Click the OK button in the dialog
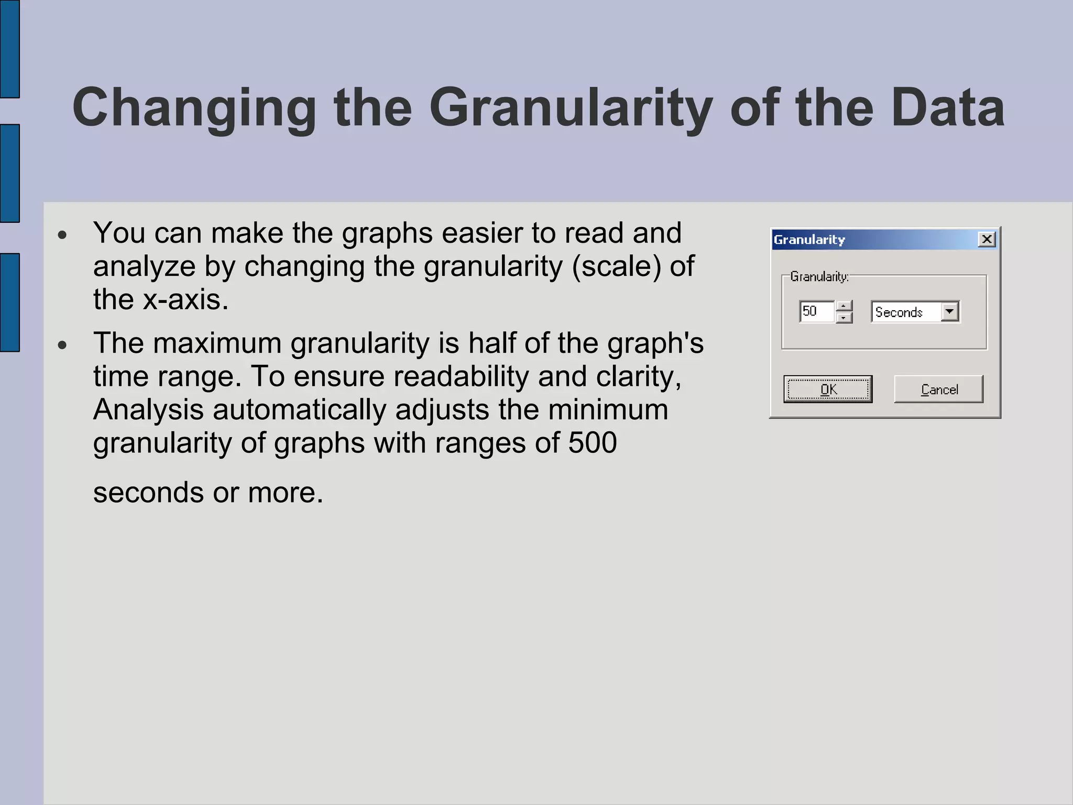pyautogui.click(x=828, y=389)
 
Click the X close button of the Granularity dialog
pyautogui.click(x=987, y=240)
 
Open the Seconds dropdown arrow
pyautogui.click(x=949, y=312)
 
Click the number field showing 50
pyautogui.click(x=816, y=311)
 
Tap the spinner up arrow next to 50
pyautogui.click(x=844, y=306)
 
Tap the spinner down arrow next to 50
pyautogui.click(x=844, y=318)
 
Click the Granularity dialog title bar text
pyautogui.click(x=809, y=240)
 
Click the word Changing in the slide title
pyautogui.click(x=194, y=108)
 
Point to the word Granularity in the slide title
pyautogui.click(x=571, y=108)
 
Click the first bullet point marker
pyautogui.click(x=63, y=235)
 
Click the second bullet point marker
pyautogui.click(x=63, y=345)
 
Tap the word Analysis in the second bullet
pyautogui.click(x=148, y=410)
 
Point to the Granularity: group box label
pyautogui.click(x=819, y=276)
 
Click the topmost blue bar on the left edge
pyautogui.click(x=9, y=49)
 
